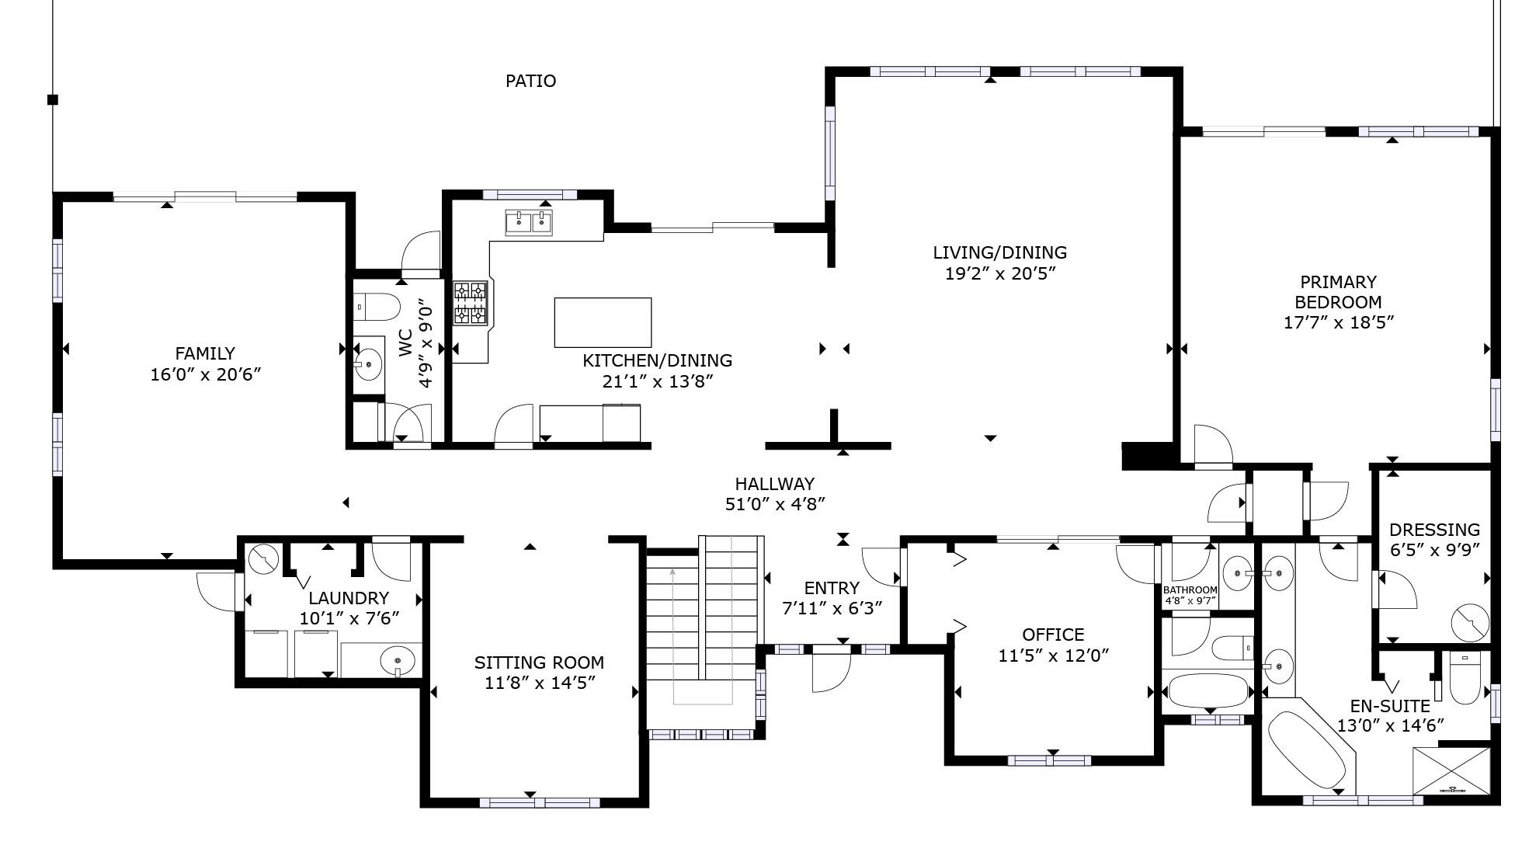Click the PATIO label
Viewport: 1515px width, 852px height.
(x=530, y=81)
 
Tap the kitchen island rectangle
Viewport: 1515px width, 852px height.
(x=603, y=322)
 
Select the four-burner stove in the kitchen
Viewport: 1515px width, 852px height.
(x=471, y=303)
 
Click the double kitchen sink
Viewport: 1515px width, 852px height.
(x=529, y=222)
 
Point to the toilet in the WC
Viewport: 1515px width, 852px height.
(x=376, y=307)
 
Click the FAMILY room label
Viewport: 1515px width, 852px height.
(x=204, y=353)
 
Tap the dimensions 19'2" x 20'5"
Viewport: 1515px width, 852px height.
(x=999, y=273)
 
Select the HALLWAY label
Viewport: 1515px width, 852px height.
(x=774, y=484)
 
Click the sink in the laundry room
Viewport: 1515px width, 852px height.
(x=398, y=662)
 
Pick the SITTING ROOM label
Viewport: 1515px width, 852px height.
(x=539, y=662)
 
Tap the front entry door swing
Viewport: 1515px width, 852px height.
(x=831, y=672)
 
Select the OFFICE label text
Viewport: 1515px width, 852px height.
(x=1053, y=635)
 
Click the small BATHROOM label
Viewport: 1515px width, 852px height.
(x=1190, y=590)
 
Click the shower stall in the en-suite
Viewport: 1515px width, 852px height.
(x=1451, y=770)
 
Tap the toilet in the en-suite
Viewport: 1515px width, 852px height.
(x=1465, y=678)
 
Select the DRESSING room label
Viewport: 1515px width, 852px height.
(x=1434, y=530)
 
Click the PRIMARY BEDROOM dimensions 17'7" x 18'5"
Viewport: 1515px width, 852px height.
(x=1338, y=322)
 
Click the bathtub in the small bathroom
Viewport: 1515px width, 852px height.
(x=1207, y=690)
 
